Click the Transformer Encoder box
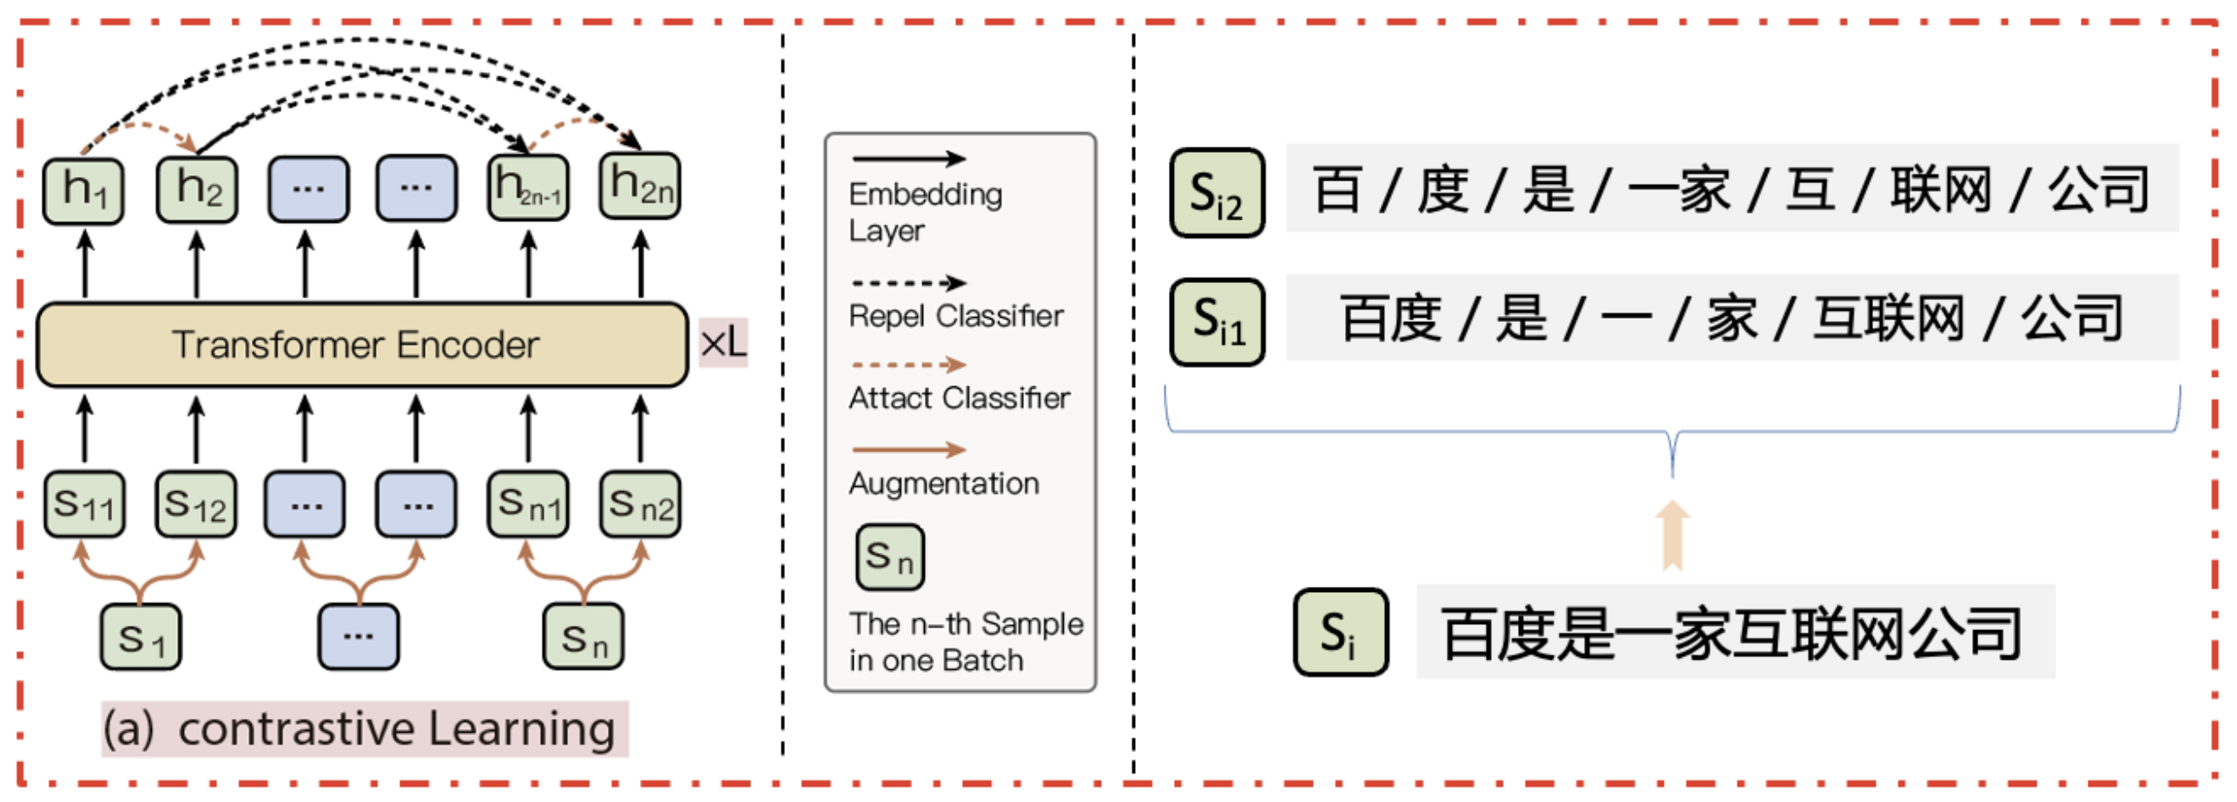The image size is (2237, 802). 361,345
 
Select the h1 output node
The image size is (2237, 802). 83,190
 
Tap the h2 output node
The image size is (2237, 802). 197,189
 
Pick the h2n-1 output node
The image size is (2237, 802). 528,187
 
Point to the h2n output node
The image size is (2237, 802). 640,186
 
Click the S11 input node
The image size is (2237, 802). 84,504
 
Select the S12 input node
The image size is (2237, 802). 196,504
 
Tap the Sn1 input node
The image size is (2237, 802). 528,504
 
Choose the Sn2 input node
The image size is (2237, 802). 640,504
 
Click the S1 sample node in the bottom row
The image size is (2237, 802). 141,638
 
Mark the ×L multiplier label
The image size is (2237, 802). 723,344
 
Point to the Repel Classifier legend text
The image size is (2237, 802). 955,316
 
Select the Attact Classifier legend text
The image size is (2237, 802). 959,398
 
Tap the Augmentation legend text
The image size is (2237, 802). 944,483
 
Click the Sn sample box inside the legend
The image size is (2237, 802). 890,557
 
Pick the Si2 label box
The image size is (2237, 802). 1217,194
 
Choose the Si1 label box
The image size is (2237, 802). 1217,322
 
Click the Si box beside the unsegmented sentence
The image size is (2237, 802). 1340,633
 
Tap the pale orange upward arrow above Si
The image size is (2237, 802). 1672,536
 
